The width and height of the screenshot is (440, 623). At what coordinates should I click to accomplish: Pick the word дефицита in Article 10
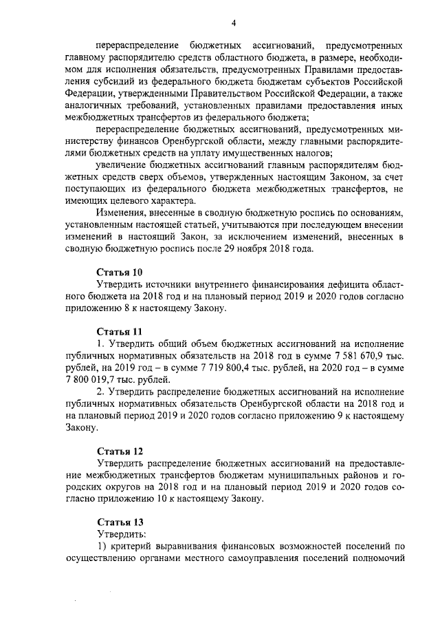[325, 284]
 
